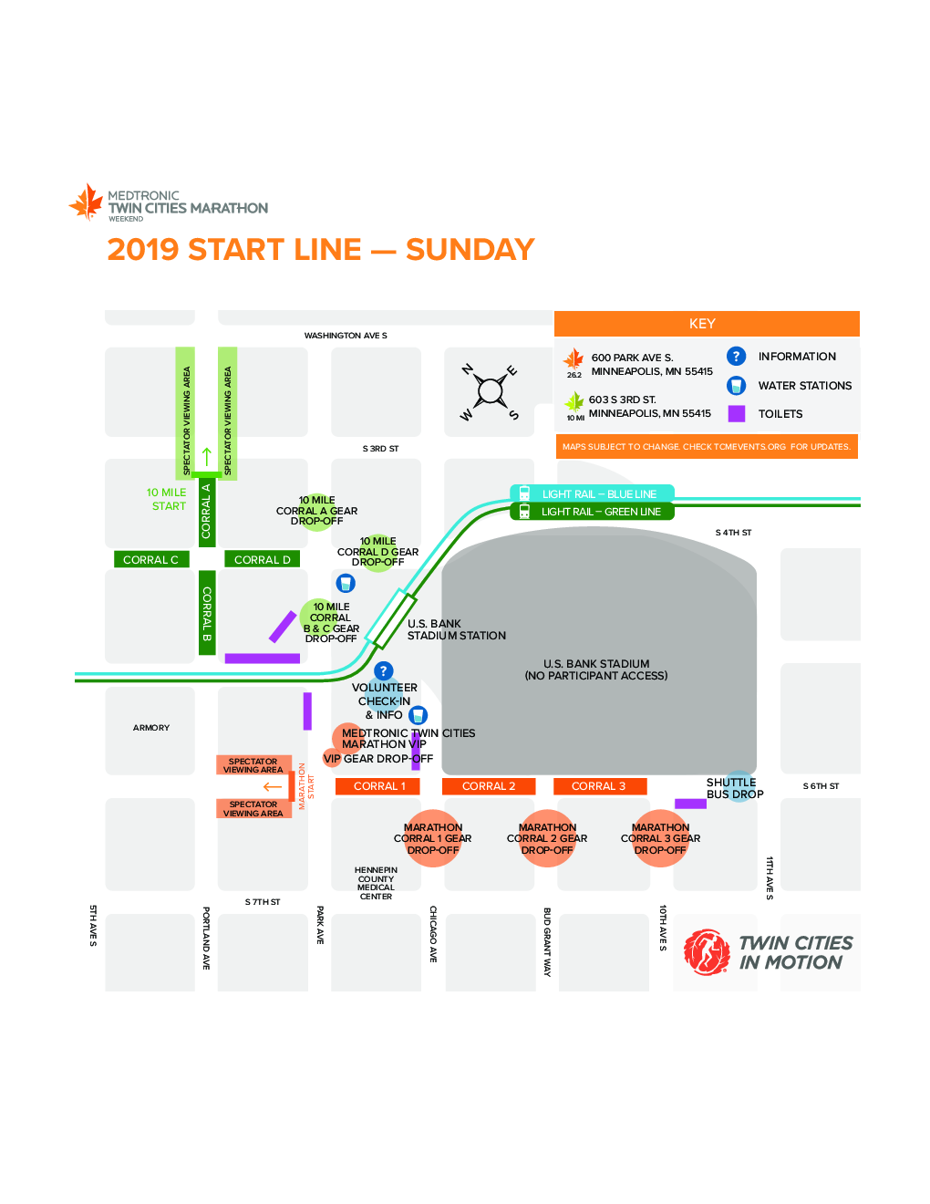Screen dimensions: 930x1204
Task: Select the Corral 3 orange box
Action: point(600,786)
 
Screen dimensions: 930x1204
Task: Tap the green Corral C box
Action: point(151,559)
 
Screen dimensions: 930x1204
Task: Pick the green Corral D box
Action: point(262,559)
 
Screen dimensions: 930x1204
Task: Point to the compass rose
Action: point(491,391)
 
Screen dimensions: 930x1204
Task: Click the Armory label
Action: point(151,728)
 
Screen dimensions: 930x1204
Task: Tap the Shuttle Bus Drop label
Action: point(735,788)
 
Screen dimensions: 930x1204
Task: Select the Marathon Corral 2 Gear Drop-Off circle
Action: point(547,838)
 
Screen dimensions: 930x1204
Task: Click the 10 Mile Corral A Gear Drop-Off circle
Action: point(316,513)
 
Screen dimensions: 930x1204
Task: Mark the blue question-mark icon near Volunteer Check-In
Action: point(383,671)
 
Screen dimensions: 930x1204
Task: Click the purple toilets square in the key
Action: point(736,414)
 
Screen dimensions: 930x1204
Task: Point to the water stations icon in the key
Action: point(736,386)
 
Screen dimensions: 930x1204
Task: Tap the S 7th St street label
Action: point(263,902)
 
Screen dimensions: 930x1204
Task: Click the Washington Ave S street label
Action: point(346,336)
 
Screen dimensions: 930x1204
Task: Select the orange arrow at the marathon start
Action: point(273,787)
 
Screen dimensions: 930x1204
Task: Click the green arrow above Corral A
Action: point(207,457)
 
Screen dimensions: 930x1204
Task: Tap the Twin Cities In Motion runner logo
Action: point(707,952)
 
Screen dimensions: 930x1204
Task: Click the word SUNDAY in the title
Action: point(470,249)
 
